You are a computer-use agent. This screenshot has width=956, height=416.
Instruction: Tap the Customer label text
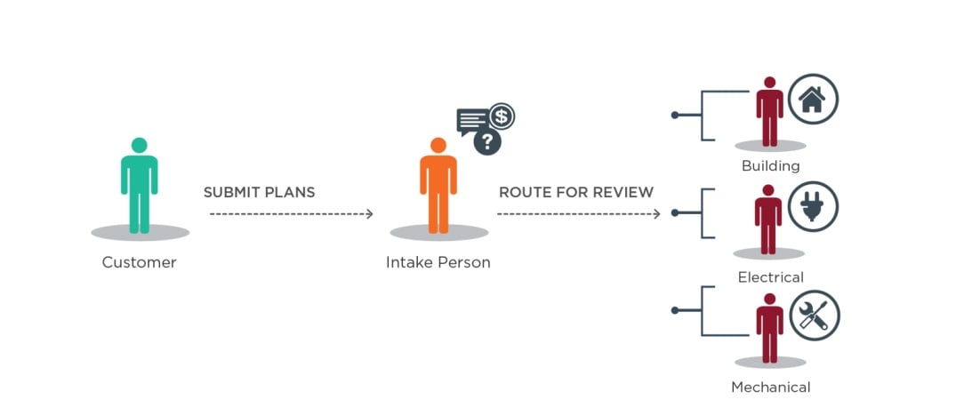(140, 262)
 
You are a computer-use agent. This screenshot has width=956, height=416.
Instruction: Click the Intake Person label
(438, 262)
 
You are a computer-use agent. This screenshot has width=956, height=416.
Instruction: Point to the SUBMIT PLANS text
(259, 192)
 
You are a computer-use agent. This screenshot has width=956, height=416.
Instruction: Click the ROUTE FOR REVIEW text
(576, 192)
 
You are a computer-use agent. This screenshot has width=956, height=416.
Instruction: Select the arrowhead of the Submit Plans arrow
(369, 213)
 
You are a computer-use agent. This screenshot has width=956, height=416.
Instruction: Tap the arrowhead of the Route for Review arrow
(656, 213)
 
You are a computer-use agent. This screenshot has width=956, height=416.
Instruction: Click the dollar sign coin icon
(502, 116)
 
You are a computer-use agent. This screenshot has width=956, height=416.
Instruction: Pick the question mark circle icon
(486, 140)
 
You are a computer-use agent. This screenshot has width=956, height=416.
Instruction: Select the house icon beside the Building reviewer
(812, 99)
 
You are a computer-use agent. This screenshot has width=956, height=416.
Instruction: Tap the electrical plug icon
(812, 207)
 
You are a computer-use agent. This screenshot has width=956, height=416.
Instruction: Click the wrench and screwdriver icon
(814, 316)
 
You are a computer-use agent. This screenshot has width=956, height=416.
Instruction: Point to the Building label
(771, 166)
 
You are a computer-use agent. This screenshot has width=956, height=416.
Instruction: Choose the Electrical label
(771, 277)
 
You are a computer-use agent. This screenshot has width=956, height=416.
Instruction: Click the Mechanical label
(771, 387)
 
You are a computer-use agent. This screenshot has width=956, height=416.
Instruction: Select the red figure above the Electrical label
(768, 220)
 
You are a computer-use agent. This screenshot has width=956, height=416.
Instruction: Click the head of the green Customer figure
(139, 145)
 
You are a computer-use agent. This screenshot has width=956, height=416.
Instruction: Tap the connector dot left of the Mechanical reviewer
(675, 310)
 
